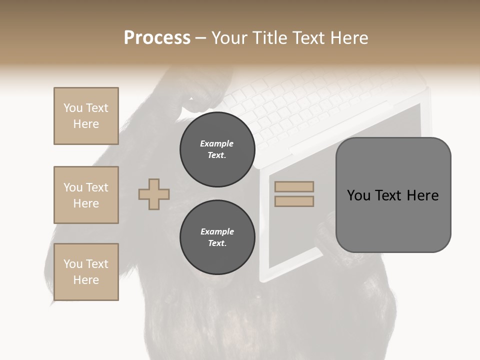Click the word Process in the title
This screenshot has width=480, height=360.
pyautogui.click(x=157, y=38)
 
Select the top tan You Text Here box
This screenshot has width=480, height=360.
pyautogui.click(x=86, y=116)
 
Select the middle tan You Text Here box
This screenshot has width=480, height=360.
pyautogui.click(x=86, y=195)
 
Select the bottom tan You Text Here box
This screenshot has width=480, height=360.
pyautogui.click(x=86, y=272)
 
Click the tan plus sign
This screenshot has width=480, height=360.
pyautogui.click(x=154, y=194)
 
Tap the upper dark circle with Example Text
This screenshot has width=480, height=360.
pyautogui.click(x=217, y=149)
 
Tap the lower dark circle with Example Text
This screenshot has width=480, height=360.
pyautogui.click(x=217, y=237)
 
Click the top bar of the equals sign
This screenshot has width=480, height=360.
pyautogui.click(x=294, y=187)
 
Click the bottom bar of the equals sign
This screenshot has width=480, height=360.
pyautogui.click(x=294, y=201)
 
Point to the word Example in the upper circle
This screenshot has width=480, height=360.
pyautogui.click(x=217, y=143)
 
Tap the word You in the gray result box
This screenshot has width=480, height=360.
pyautogui.click(x=358, y=195)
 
